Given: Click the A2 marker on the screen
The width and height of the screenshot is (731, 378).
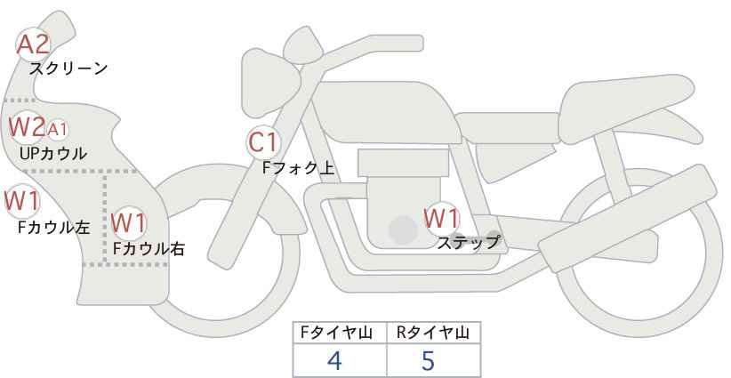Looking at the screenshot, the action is [33, 44].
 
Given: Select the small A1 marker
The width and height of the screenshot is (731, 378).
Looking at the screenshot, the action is [57, 130].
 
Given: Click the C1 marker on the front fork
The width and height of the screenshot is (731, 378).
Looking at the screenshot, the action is [263, 142].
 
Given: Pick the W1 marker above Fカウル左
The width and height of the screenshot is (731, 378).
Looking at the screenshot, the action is [22, 201].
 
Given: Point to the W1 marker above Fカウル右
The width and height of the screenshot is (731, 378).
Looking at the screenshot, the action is [129, 222].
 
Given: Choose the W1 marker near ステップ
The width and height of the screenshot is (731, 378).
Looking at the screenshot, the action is [442, 218].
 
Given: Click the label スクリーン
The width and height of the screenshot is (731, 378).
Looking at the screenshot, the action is [68, 69].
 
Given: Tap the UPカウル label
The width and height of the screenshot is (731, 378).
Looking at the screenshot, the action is [53, 153].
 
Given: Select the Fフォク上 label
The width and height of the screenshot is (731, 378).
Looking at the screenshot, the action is [299, 167].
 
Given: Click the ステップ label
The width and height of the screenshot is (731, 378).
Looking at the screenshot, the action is [468, 243].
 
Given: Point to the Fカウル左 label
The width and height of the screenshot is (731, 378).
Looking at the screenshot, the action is [53, 227].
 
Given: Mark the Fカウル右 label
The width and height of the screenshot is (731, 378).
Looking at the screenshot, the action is [149, 248].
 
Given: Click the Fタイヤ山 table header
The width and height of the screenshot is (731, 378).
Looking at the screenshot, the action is [336, 333].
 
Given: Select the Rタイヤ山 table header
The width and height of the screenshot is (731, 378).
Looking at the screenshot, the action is [433, 333].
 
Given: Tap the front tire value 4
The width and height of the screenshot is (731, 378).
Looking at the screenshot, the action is [334, 360].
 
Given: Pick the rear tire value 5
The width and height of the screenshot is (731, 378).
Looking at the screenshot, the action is [428, 360].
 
